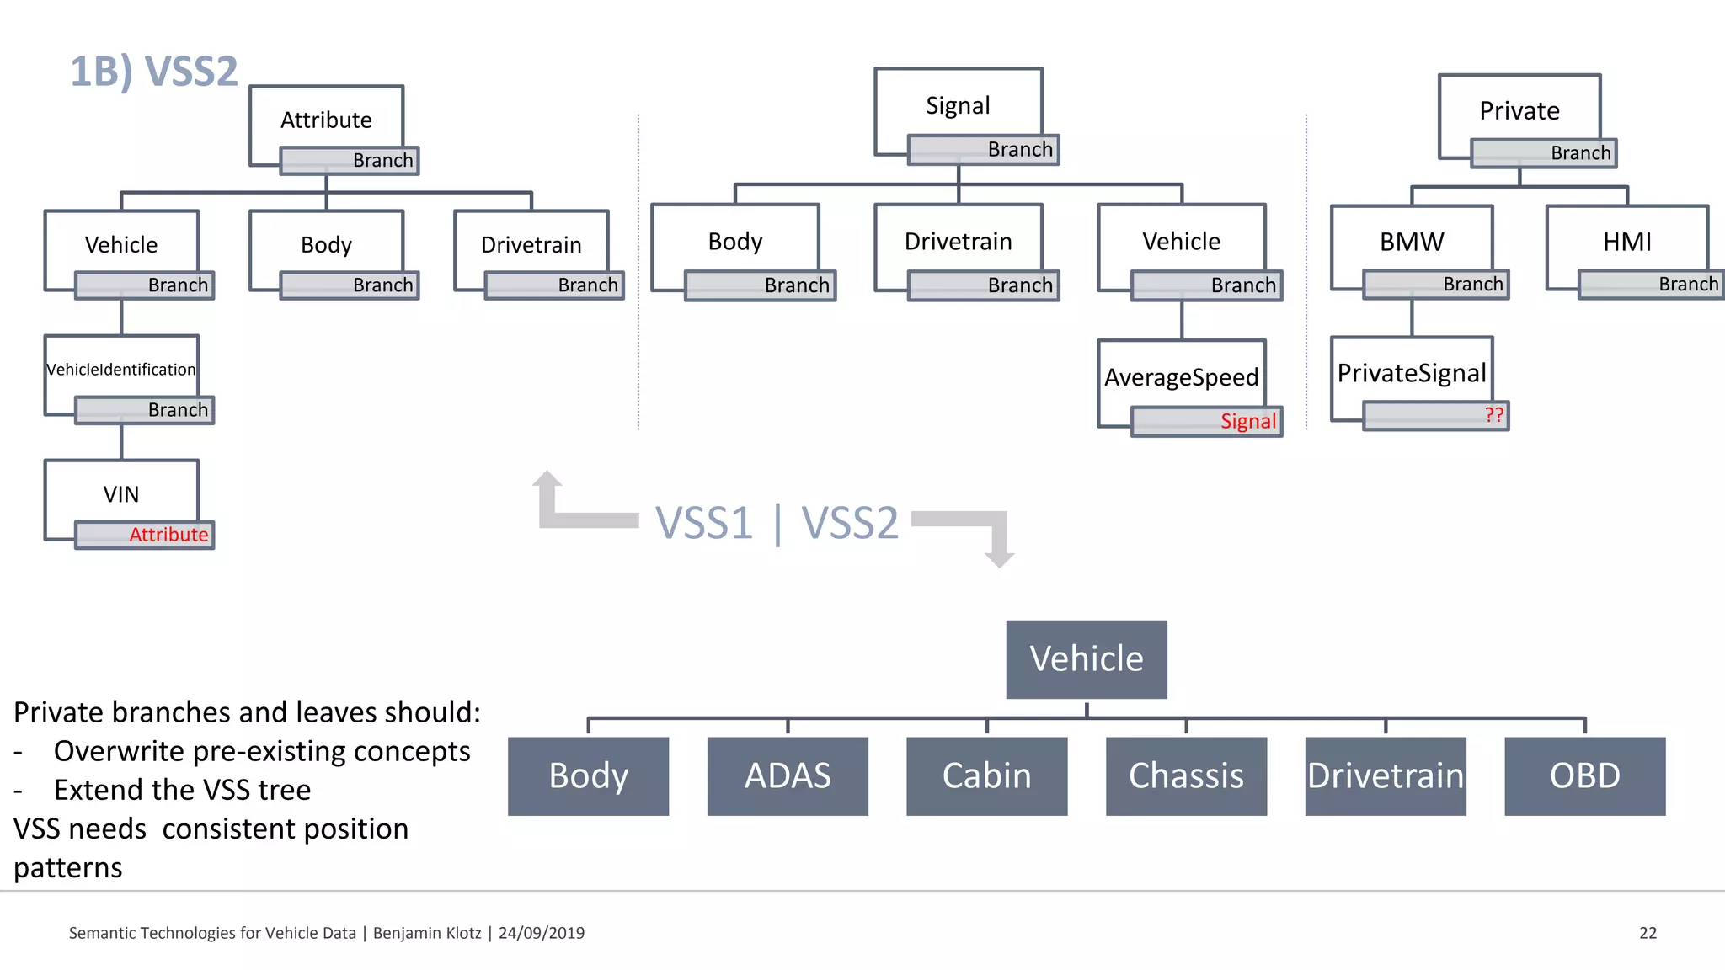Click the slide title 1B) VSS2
(154, 71)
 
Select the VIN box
(121, 493)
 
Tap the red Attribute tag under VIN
(168, 535)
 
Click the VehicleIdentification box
(121, 369)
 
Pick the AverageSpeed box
(1181, 376)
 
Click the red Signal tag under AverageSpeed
(1247, 421)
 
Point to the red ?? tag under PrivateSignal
(1493, 415)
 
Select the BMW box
(1412, 242)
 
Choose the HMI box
(1626, 242)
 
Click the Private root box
(1519, 110)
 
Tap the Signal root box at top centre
(958, 105)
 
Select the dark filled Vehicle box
(1087, 659)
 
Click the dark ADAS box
(788, 775)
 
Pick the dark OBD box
(1584, 775)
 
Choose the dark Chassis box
(1186, 775)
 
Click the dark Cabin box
(986, 775)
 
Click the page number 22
(1648, 933)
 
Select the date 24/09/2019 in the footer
(541, 933)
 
